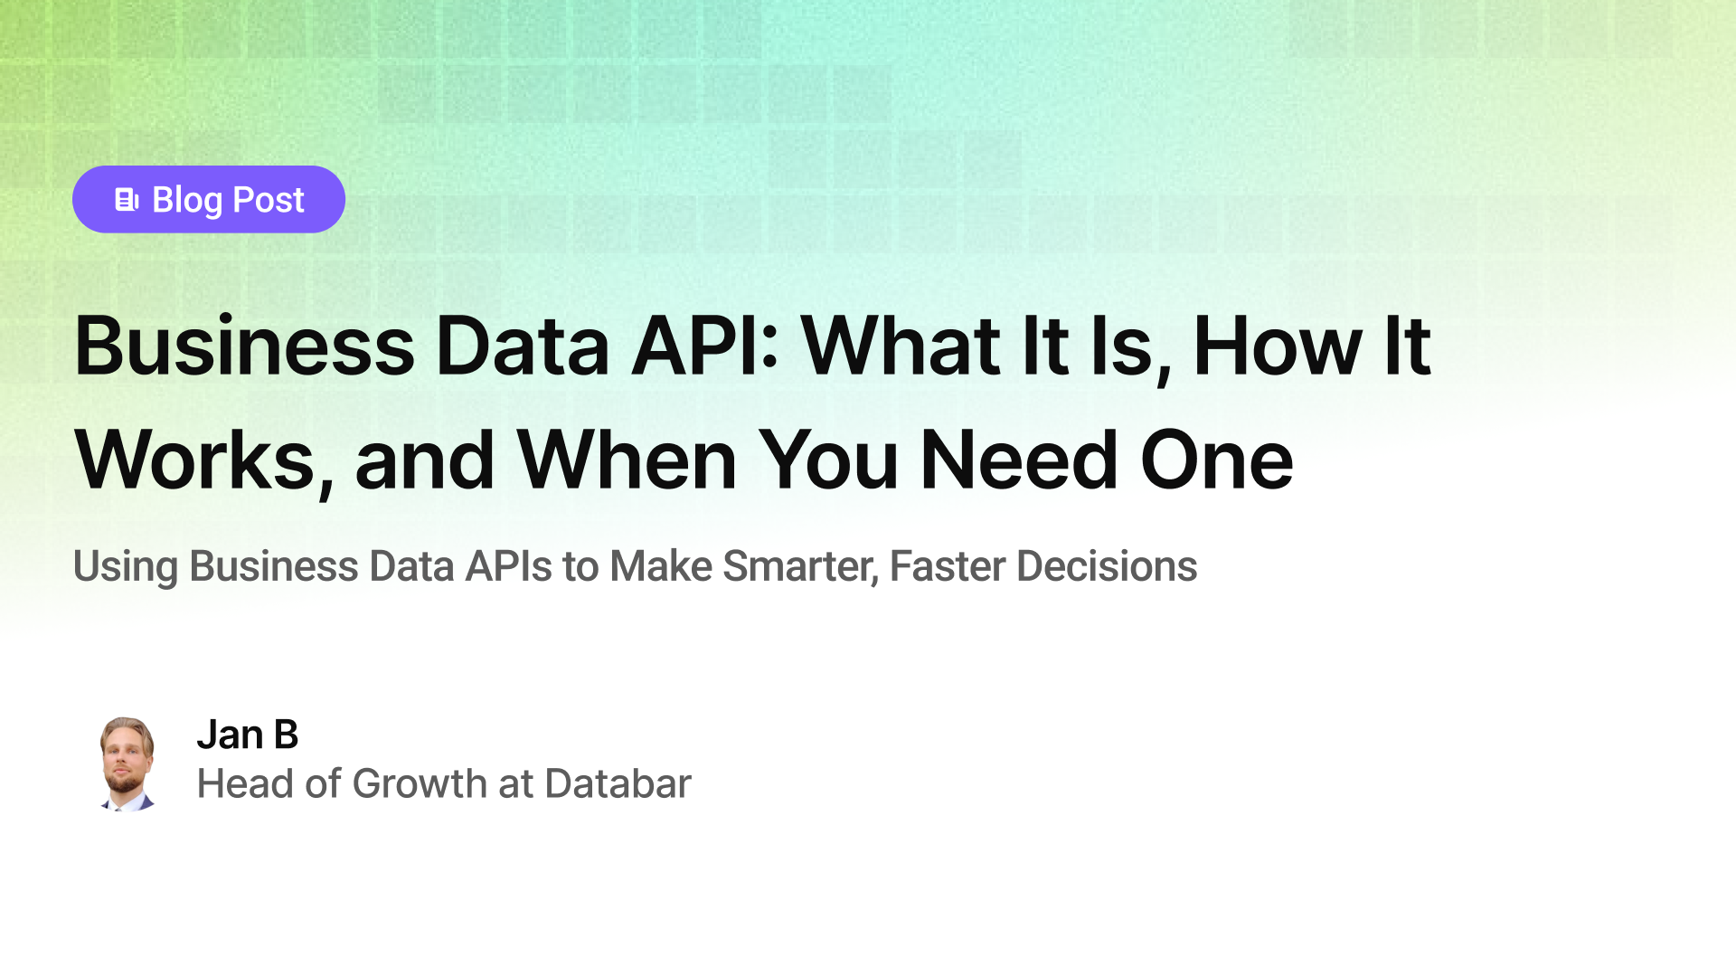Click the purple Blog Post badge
tap(208, 199)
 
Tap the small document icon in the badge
tap(127, 200)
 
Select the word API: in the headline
tap(705, 346)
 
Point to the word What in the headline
tap(901, 346)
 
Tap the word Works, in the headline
tap(204, 461)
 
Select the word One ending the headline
tap(1217, 461)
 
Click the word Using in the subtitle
tap(125, 567)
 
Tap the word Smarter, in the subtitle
tap(801, 567)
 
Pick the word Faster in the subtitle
tap(948, 567)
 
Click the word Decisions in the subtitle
tap(1107, 567)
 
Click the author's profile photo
tap(127, 764)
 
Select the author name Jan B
tap(247, 735)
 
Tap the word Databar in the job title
tap(618, 783)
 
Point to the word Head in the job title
tap(246, 783)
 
